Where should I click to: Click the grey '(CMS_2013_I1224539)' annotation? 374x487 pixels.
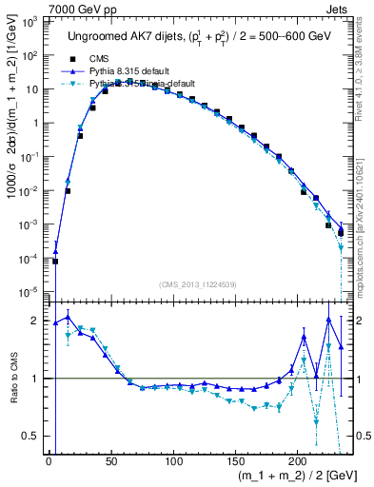pos(196,282)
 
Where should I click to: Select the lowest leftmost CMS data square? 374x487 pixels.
pos(55,262)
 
